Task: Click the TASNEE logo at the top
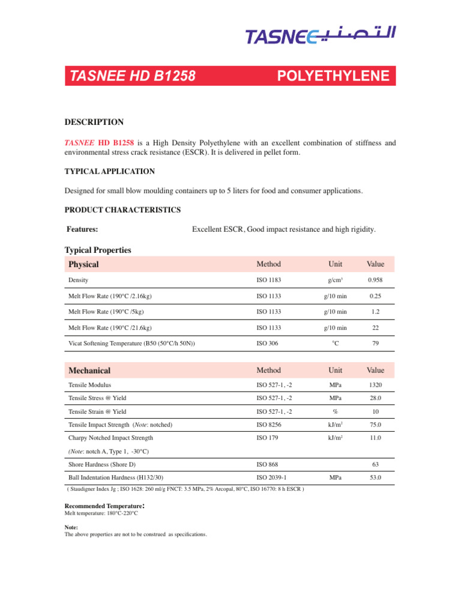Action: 321,37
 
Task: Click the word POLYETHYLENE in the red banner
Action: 334,76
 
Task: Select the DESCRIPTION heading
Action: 94,122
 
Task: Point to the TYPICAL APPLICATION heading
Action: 109,171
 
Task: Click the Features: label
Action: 83,229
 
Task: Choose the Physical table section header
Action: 83,264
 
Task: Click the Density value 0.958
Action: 376,280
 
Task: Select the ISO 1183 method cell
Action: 268,280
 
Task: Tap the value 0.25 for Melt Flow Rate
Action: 376,296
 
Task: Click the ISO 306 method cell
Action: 267,343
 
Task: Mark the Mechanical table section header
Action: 89,370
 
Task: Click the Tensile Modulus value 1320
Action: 376,385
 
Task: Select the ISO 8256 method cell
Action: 268,425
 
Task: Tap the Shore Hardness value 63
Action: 376,465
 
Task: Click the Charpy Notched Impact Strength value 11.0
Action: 376,438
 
